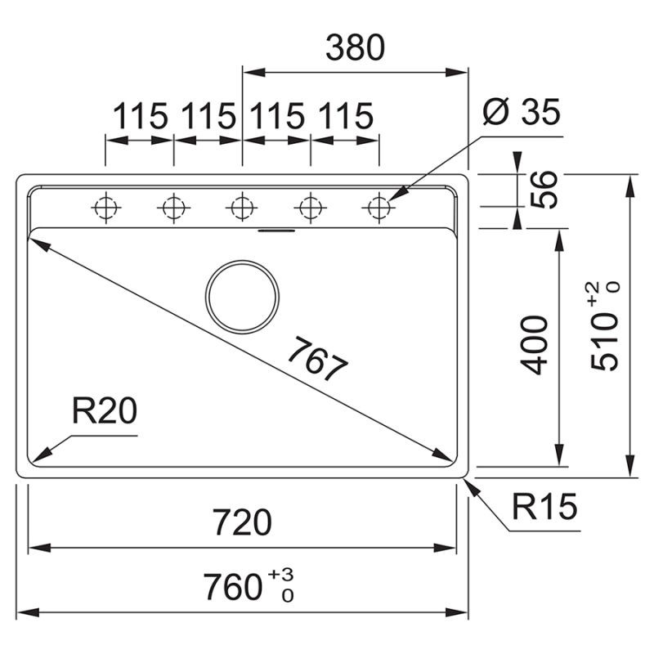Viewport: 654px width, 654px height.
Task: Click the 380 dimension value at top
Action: [354, 50]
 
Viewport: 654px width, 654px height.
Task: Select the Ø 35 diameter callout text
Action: [521, 113]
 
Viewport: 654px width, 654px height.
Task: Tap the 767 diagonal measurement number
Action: [317, 361]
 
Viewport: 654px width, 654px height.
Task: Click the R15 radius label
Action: [544, 508]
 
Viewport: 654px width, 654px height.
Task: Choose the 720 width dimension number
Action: [241, 522]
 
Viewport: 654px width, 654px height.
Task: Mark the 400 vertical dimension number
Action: [535, 344]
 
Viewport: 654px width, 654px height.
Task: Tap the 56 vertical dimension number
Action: [540, 190]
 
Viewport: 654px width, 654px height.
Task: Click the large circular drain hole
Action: [243, 296]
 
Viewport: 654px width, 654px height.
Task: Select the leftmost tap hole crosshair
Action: [105, 208]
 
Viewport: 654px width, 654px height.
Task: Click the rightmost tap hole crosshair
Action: [378, 208]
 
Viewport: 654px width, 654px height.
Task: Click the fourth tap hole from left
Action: [310, 208]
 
